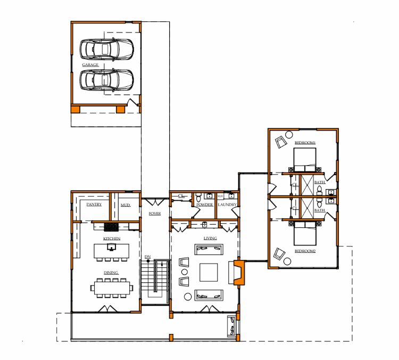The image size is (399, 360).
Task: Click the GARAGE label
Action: coord(90,65)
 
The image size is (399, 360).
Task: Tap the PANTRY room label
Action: coord(94,204)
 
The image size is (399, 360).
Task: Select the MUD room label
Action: coord(125,205)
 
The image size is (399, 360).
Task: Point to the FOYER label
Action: coord(155,214)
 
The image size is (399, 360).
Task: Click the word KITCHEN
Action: coord(112,239)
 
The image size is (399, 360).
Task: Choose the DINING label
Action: coord(111,273)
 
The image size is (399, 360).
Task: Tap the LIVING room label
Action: coord(210,238)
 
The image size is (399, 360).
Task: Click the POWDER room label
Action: coord(205,204)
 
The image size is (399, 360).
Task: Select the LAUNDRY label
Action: coord(227,204)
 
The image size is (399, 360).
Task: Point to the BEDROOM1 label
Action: coord(305,142)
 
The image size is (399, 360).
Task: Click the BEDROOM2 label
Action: coord(305,251)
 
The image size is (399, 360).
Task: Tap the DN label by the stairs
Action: coord(147,257)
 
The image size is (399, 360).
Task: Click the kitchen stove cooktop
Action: coord(111,227)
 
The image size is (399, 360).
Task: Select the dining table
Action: coord(112,288)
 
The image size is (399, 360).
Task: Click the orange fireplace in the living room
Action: coord(239,273)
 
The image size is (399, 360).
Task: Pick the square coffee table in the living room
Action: coord(209,272)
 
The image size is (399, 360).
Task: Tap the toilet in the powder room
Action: coord(199,198)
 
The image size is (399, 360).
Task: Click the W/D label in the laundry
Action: coord(220,196)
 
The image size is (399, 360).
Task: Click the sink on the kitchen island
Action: coord(112,247)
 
